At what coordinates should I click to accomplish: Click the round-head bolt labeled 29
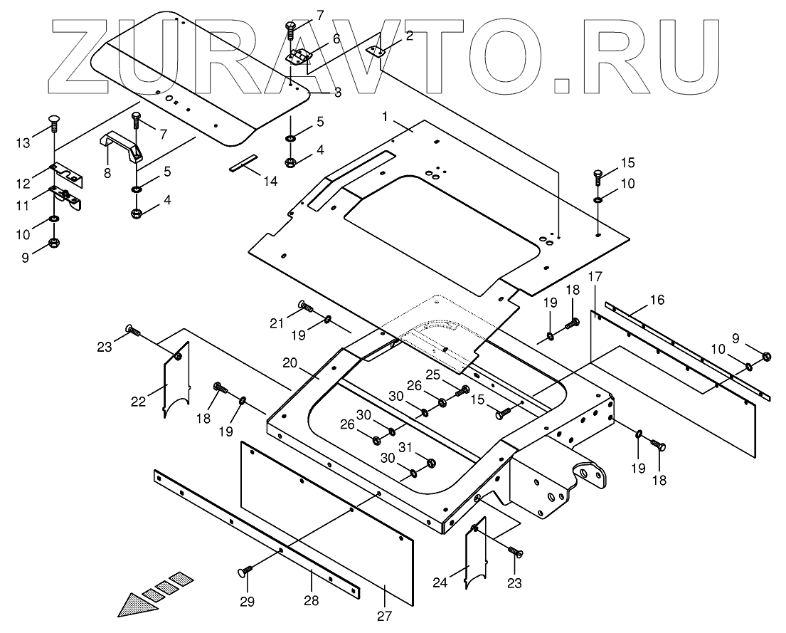click(243, 571)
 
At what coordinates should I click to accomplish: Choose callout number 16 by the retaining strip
click(657, 300)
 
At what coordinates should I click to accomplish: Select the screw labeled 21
click(306, 307)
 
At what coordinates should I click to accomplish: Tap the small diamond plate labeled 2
click(374, 51)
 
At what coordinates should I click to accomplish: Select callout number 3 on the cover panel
click(336, 92)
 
